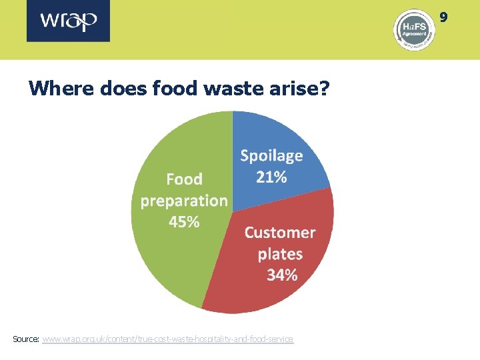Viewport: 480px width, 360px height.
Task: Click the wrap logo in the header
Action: [x=69, y=21]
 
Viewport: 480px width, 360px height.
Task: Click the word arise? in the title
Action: [x=301, y=88]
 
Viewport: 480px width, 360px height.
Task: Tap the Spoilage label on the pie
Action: [x=271, y=156]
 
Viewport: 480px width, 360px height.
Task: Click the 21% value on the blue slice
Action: [x=271, y=177]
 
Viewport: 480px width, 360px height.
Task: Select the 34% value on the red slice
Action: [x=281, y=275]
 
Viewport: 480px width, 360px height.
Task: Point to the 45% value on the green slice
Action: [x=184, y=222]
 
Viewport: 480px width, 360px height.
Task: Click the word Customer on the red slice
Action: [x=280, y=233]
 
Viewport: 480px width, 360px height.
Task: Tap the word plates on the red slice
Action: [x=280, y=254]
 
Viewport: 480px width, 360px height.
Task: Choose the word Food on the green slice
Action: [x=184, y=179]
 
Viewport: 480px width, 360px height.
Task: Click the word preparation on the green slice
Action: [x=184, y=201]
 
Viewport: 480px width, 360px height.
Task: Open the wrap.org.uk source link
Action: [x=167, y=339]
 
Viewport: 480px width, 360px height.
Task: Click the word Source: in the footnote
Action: [x=26, y=339]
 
